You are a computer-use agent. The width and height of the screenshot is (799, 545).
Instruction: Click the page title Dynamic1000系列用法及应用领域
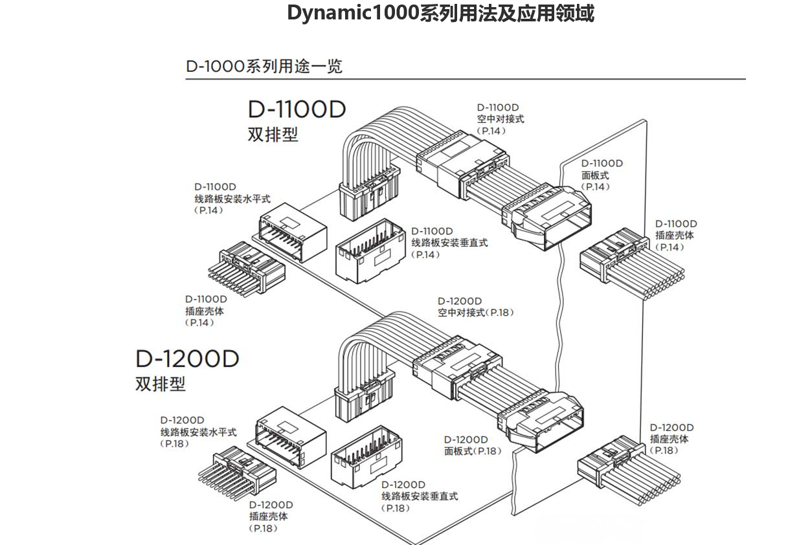(440, 14)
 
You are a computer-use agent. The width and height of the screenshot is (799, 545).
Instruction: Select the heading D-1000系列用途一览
(264, 66)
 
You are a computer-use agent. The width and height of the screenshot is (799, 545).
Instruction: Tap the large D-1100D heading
(297, 109)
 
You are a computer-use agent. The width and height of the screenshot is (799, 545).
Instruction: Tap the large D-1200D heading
(187, 359)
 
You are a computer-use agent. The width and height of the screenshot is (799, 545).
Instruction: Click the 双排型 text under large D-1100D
(273, 135)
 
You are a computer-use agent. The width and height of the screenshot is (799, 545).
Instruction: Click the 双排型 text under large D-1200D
(160, 384)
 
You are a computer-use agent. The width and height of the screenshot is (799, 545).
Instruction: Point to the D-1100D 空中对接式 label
(500, 118)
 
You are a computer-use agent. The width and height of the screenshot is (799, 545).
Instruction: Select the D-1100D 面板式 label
(602, 175)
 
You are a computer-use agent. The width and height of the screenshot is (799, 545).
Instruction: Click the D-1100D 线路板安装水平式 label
(232, 199)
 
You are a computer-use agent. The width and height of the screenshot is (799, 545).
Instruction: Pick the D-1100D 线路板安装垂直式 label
(449, 243)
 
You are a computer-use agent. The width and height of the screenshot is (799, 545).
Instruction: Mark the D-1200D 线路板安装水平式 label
(198, 432)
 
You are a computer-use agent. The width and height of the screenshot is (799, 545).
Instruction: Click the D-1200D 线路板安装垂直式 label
(419, 496)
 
